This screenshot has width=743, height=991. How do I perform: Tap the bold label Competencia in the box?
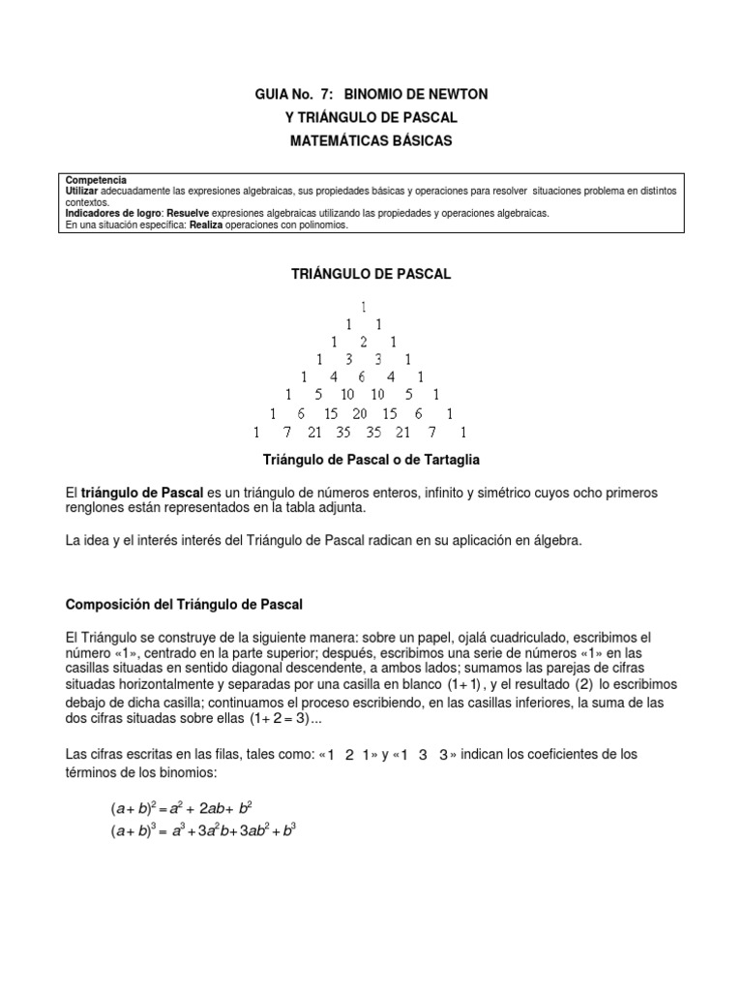tap(96, 181)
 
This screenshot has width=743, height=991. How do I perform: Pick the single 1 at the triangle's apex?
tap(363, 307)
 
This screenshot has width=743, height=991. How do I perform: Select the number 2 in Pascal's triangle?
tap(363, 342)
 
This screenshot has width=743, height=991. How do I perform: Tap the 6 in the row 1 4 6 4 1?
tap(363, 376)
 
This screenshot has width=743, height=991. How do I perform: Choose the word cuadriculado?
tap(513, 637)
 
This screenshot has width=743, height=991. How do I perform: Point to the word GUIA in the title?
tap(272, 94)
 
